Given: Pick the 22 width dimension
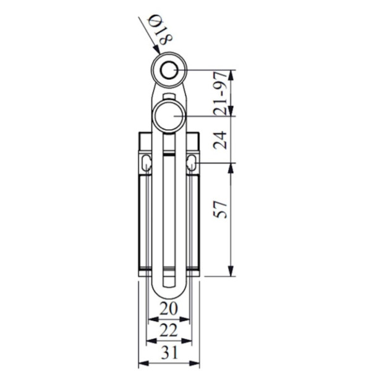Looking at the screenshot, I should [x=169, y=331].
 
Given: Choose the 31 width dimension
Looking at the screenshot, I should [x=169, y=354].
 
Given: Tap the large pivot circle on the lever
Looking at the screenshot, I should [x=169, y=116].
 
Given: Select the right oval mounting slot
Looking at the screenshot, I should [x=192, y=164].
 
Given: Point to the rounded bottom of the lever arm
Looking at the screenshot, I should [x=168, y=291].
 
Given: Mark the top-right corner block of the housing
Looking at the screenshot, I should [x=192, y=142].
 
